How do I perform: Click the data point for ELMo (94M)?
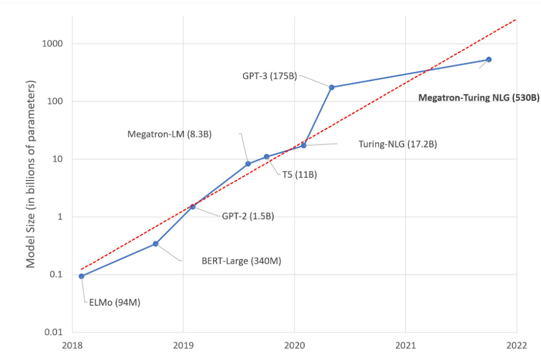point(81,276)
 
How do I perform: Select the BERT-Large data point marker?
point(155,244)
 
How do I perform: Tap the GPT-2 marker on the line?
point(193,206)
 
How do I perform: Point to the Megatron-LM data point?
point(248,164)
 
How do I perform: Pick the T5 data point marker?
point(266,157)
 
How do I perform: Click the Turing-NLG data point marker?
point(304,145)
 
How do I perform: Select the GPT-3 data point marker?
point(332,87)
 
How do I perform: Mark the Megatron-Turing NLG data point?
point(489,60)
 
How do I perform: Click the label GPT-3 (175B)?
point(269,75)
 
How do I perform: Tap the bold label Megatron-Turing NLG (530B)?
point(479,98)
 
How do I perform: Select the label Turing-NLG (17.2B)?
point(397,144)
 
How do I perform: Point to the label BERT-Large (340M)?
point(240,260)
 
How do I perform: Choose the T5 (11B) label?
point(298,175)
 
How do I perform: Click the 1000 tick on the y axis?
point(52,44)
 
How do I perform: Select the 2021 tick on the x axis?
point(405,346)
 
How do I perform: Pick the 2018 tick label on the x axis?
point(72,346)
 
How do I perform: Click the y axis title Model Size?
point(31,174)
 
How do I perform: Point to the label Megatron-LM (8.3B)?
point(170,134)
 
